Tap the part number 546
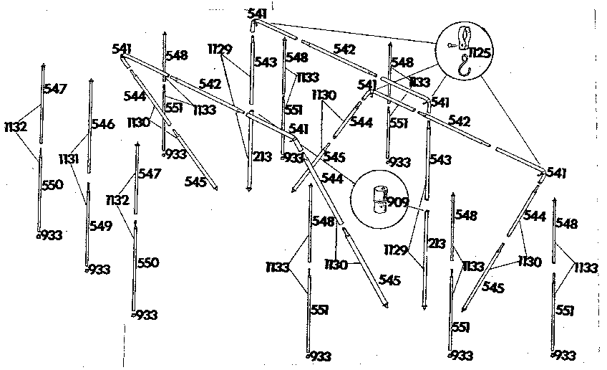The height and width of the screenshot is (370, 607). tap(103, 125)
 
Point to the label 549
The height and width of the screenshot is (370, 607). tap(101, 227)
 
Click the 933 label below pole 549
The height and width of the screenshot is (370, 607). tap(99, 270)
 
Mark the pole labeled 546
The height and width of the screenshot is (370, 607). tap(90, 125)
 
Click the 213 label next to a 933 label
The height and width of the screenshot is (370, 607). tap(262, 156)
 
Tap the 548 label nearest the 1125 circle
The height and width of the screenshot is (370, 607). tap(402, 63)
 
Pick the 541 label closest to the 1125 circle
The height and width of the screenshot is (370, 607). tap(440, 102)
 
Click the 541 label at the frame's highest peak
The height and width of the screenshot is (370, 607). tap(256, 13)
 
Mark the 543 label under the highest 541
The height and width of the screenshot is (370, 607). tap(266, 62)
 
